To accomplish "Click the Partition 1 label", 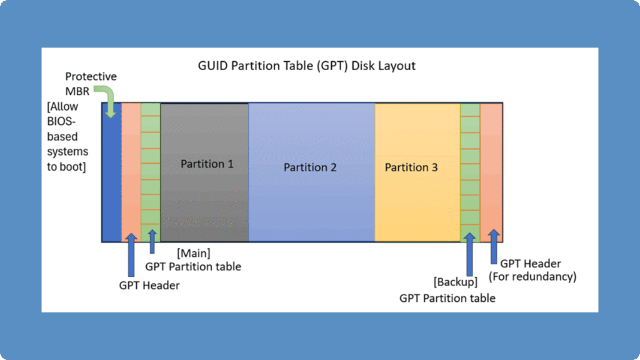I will click(207, 164).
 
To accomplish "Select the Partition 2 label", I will click(310, 167).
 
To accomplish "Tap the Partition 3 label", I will click(411, 167).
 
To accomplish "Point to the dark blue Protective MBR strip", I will click(111, 181).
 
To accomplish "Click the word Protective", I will click(91, 76).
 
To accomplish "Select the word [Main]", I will click(193, 254).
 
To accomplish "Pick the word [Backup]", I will click(455, 282).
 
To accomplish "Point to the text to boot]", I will click(67, 166).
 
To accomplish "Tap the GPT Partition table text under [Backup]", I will click(447, 298).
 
